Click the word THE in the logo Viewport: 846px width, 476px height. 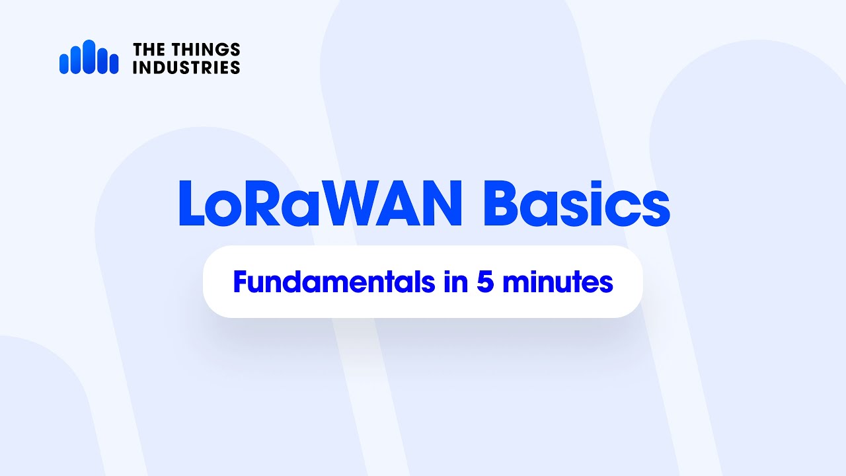pyautogui.click(x=148, y=50)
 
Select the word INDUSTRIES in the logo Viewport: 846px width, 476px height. pyautogui.click(x=186, y=67)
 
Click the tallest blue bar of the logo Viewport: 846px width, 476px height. pyautogui.click(x=89, y=57)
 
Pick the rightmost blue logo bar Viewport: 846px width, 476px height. pyautogui.click(x=114, y=64)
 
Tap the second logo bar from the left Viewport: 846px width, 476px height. pyautogui.click(x=76, y=59)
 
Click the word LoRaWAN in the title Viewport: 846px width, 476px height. pyautogui.click(x=320, y=204)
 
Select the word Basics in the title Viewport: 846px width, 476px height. pyautogui.click(x=576, y=204)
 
